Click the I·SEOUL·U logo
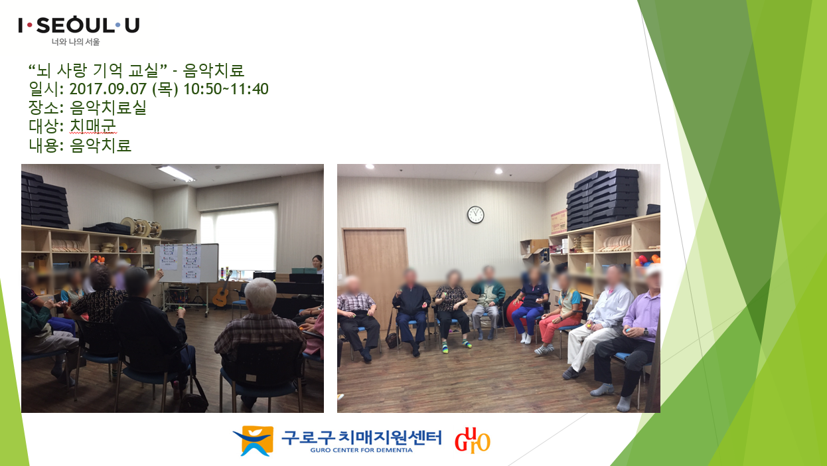(78, 25)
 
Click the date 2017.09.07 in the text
(108, 89)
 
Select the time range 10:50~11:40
(226, 89)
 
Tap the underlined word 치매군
(93, 126)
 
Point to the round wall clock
(476, 214)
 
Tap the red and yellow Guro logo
(472, 440)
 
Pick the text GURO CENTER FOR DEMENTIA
(361, 450)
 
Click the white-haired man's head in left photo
(260, 294)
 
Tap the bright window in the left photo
(238, 238)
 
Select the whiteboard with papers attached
(186, 263)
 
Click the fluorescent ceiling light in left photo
(176, 173)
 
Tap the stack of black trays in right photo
(602, 198)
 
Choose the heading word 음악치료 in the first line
(214, 70)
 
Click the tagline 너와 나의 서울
(76, 42)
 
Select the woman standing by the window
(318, 268)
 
